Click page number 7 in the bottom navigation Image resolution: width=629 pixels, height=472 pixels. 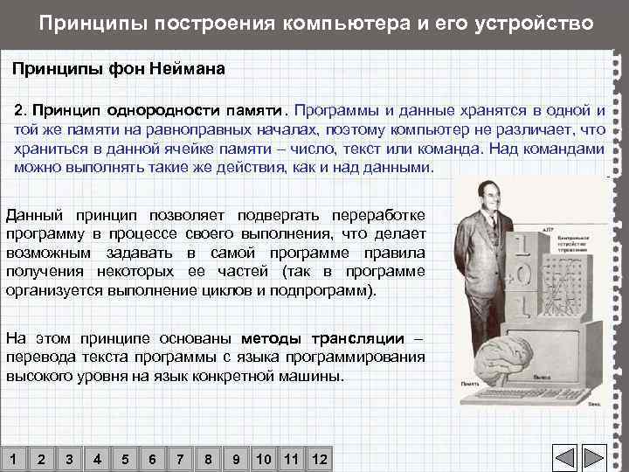pyautogui.click(x=180, y=460)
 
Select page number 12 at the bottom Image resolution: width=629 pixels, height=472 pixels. pyautogui.click(x=319, y=460)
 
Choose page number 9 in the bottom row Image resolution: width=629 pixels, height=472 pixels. pyautogui.click(x=236, y=460)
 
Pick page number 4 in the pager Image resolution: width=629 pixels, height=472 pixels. pyautogui.click(x=96, y=460)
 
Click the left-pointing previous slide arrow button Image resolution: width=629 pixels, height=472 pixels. pyautogui.click(x=566, y=458)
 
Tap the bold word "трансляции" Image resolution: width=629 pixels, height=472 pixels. pyautogui.click(x=360, y=338)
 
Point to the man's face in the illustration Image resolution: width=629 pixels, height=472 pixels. pyautogui.click(x=484, y=192)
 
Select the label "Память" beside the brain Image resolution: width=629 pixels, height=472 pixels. pyautogui.click(x=468, y=384)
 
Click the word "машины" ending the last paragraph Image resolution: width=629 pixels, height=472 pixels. pyautogui.click(x=314, y=377)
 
